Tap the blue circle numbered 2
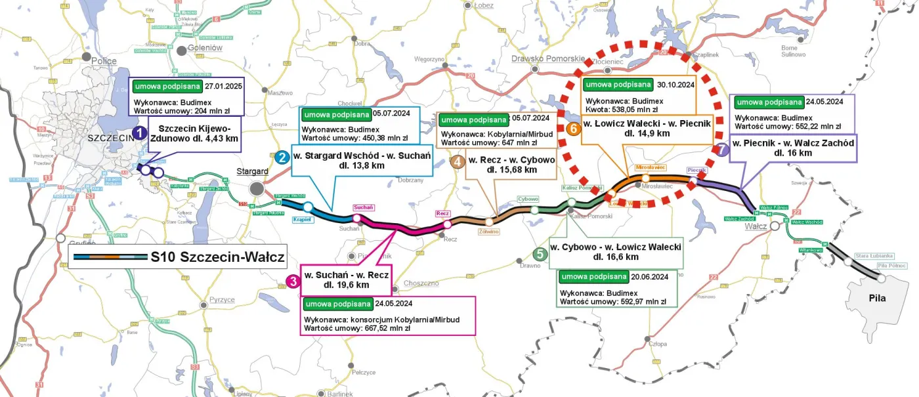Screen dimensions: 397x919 (x=282, y=157)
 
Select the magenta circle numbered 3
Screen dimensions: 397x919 (x=294, y=282)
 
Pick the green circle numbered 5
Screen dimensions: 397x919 (x=540, y=255)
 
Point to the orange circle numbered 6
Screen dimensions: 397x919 (x=573, y=129)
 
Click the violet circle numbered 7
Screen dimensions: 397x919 (x=722, y=150)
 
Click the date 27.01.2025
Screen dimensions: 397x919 (x=224, y=86)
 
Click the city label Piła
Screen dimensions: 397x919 (x=876, y=298)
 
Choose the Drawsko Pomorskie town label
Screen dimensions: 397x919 (x=547, y=58)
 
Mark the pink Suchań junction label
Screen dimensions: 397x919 (x=364, y=207)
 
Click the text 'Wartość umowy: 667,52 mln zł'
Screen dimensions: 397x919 (x=358, y=328)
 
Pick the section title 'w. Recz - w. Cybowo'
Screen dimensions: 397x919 (x=511, y=159)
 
